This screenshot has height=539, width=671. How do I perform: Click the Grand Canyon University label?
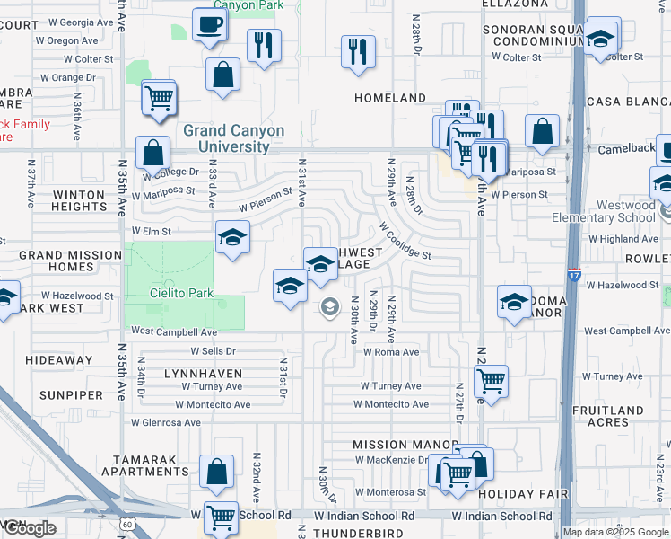coord(233,138)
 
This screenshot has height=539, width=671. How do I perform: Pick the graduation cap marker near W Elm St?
coord(232,238)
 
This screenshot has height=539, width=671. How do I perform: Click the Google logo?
coord(30,528)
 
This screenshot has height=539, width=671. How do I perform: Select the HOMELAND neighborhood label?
coord(390,97)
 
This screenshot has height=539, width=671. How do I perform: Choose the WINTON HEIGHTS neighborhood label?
coord(79,200)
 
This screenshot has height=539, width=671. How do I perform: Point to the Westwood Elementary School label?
coord(615,211)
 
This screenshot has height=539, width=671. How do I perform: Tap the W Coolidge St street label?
coord(405,241)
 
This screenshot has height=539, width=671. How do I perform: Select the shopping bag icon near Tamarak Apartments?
coord(217,472)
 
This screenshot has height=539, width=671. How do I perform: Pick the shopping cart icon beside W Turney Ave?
coord(491,382)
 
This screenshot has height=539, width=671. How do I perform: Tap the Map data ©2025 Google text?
coord(615,532)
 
